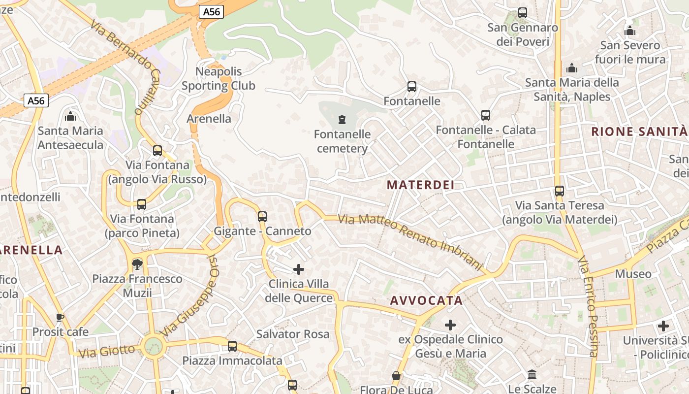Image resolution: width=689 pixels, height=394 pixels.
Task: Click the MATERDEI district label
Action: click(420, 185)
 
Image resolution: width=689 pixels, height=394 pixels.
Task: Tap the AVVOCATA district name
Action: click(426, 300)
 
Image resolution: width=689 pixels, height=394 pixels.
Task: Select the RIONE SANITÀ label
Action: click(639, 131)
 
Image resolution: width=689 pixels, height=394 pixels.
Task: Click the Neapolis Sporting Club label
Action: click(219, 79)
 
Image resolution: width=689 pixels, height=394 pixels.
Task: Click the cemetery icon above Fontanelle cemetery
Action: click(342, 119)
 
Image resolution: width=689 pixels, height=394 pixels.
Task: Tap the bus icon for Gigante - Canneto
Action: click(262, 216)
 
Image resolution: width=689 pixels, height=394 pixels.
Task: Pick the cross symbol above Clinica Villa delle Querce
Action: click(299, 269)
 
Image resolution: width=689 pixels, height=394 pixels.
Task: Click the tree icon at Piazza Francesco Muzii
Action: click(137, 264)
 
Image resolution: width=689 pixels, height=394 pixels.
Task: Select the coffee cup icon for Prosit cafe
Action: click(60, 317)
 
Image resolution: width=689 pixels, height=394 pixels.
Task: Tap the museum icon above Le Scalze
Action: click(532, 375)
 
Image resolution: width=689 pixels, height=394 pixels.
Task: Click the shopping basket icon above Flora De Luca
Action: click(396, 376)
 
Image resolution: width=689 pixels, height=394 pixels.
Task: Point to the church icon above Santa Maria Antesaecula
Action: click(70, 116)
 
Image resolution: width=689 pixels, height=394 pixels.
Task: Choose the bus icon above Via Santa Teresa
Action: click(559, 191)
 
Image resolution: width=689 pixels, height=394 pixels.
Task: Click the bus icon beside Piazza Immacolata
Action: click(232, 346)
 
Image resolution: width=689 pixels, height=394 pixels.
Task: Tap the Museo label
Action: click(633, 274)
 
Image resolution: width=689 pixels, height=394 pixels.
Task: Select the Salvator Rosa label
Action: click(293, 334)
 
